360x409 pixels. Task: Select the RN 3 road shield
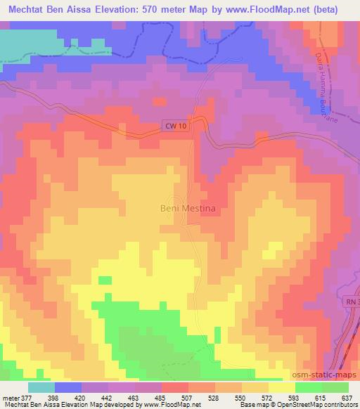351,301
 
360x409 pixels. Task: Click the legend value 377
27,397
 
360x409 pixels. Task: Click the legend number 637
347,397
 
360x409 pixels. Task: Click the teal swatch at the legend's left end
41,387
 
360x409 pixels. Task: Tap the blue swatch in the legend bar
68,387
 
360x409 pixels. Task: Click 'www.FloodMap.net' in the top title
259,10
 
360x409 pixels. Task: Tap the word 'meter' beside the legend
9,397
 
